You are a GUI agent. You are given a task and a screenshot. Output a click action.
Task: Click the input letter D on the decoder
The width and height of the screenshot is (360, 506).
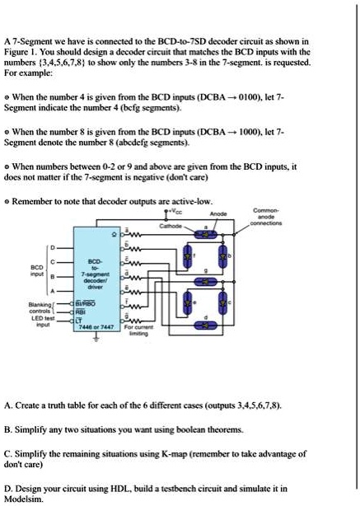click(x=56, y=246)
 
